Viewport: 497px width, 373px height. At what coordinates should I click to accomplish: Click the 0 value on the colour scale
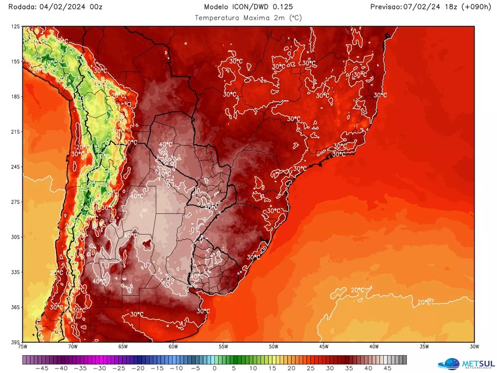coord(214,369)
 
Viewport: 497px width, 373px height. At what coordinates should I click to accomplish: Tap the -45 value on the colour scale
coord(41,369)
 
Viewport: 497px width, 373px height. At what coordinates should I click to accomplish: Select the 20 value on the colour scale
coord(292,369)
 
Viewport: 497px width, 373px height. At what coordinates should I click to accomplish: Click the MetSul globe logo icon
coord(449,363)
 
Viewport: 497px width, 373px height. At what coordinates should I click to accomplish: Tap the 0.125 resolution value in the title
coord(281,7)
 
